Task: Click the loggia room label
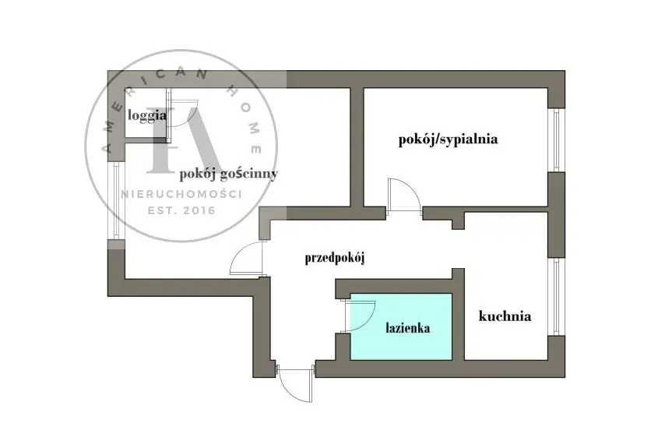point(147,115)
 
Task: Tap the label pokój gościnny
point(227,174)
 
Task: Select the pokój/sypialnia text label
point(447,140)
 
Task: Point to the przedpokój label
point(335,259)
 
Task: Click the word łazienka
point(407,328)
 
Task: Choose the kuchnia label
point(505,316)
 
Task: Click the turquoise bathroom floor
point(401,347)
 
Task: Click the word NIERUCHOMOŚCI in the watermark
point(181,193)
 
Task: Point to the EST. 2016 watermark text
point(181,210)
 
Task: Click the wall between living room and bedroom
point(357,144)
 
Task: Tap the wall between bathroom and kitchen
point(459,319)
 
